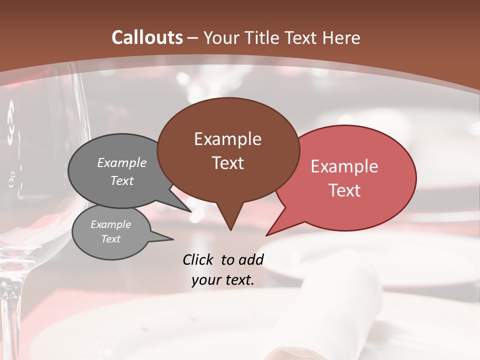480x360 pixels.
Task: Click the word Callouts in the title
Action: (x=147, y=37)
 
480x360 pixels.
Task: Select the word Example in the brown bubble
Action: (x=227, y=139)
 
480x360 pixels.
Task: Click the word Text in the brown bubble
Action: (x=227, y=163)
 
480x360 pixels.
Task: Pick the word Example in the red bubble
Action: (x=344, y=166)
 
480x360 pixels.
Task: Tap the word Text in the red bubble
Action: (x=344, y=190)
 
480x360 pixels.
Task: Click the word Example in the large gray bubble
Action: (x=122, y=162)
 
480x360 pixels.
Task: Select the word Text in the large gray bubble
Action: (x=122, y=180)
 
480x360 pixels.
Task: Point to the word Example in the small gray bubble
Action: (x=110, y=224)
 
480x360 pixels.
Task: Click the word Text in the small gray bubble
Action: (x=110, y=239)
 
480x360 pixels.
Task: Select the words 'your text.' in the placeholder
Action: (x=222, y=280)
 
